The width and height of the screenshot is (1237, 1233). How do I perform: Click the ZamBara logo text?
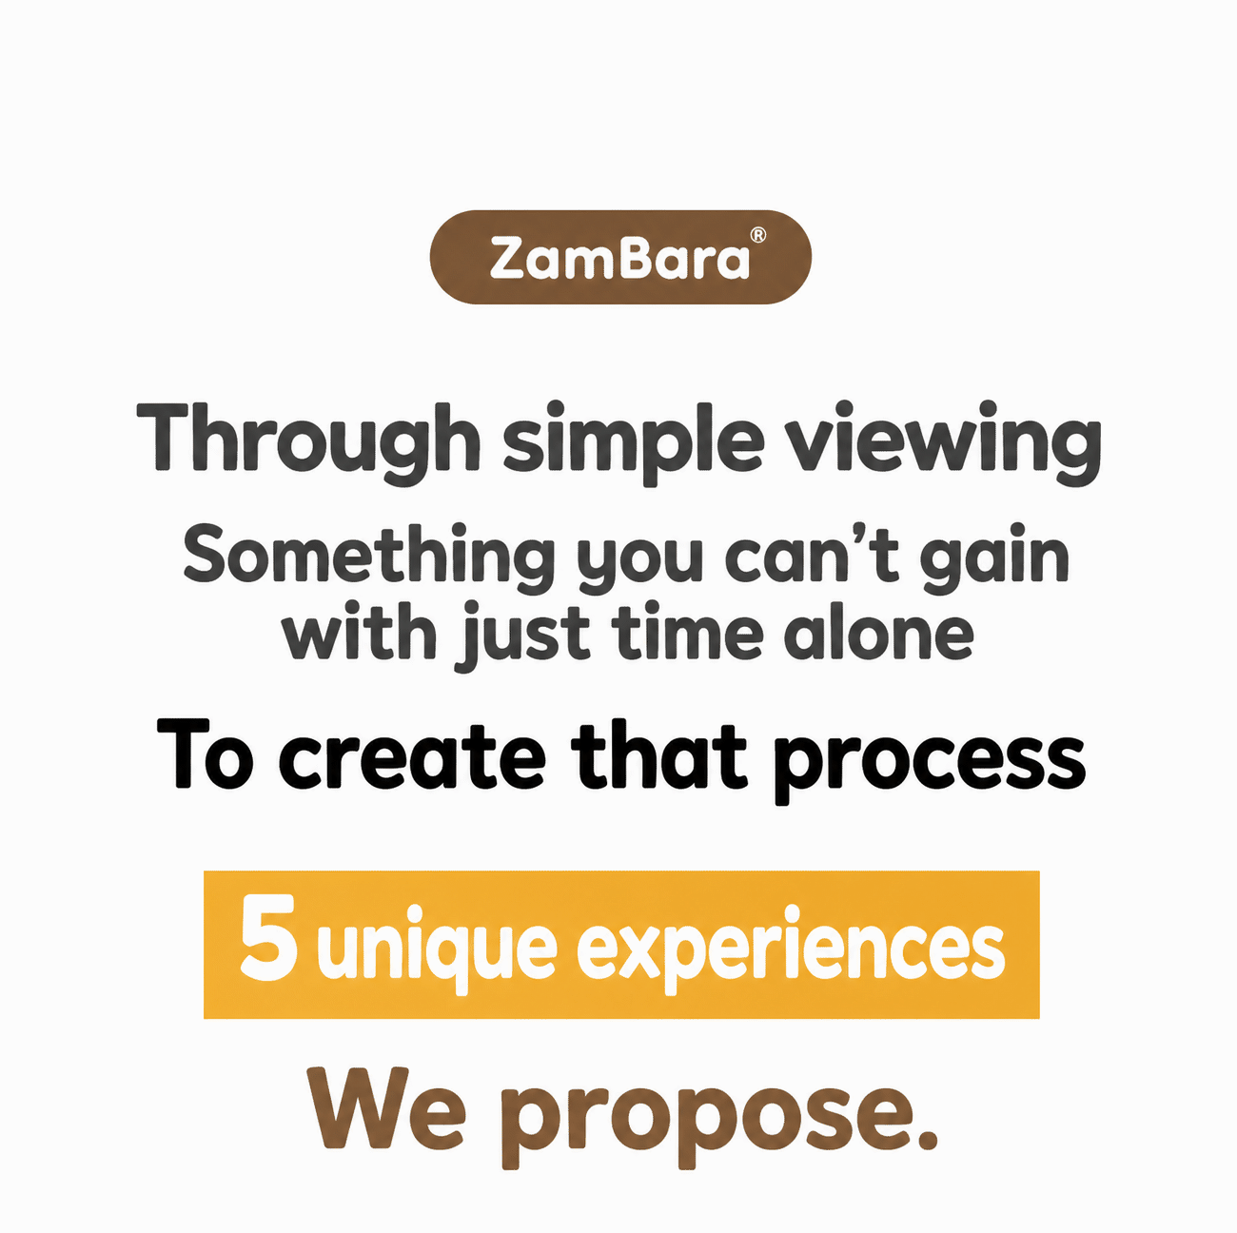coord(618,258)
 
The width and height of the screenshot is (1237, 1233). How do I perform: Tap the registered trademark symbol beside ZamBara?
coord(758,236)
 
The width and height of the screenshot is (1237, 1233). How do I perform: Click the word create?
coord(411,754)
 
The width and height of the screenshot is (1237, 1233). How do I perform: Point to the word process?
coord(929,762)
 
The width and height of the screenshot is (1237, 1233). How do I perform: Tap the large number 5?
coord(269,945)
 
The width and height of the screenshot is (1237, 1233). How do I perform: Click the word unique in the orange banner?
coord(438,950)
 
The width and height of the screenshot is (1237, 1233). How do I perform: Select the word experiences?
coord(791,950)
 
